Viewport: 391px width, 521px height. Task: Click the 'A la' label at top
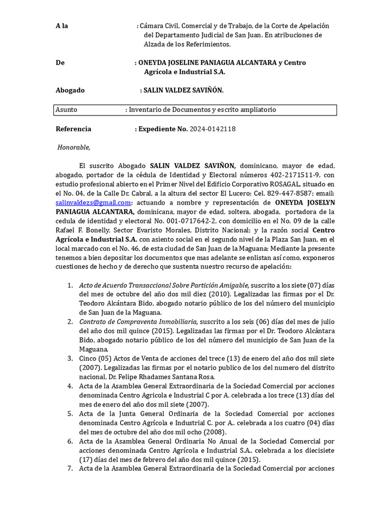coord(62,26)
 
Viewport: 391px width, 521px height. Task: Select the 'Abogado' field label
coord(70,90)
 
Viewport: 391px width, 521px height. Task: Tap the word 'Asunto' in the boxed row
coord(66,110)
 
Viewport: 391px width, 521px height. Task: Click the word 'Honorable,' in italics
coord(74,148)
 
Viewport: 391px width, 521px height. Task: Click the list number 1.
coord(70,285)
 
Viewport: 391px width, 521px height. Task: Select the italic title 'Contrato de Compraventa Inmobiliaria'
coord(137,322)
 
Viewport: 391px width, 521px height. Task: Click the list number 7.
coord(70,469)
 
